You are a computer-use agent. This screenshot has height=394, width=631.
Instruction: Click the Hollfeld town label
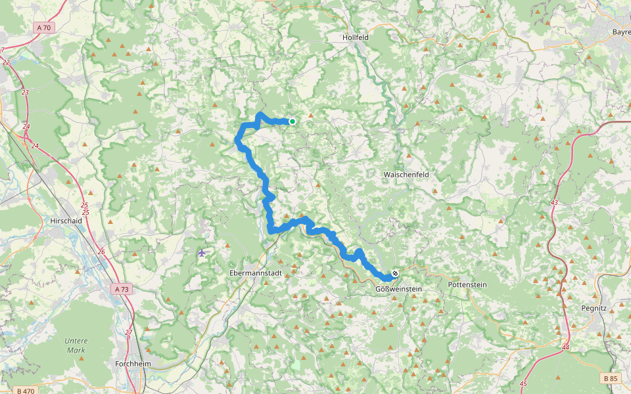pos(356,37)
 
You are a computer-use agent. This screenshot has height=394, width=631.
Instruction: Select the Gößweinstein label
pos(398,289)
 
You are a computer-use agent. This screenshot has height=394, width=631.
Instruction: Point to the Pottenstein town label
pos(467,285)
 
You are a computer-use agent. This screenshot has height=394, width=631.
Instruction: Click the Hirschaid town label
pos(66,221)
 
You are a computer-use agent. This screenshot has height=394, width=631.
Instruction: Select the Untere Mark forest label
pos(76,345)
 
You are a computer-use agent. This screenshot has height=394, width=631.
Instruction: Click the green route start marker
pos(292,121)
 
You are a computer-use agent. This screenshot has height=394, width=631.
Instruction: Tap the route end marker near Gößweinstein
pos(395,273)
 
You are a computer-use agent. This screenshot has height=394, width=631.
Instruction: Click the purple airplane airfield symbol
pos(201,253)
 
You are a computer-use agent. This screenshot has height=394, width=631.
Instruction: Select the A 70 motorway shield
pos(43,28)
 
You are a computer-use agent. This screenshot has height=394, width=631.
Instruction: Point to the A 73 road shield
pos(121,289)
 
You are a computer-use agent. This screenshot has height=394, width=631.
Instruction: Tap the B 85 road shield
pos(610,378)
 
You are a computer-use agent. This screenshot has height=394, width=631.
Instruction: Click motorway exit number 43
pos(554,202)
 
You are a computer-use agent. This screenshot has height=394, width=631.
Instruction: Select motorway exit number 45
pos(523,383)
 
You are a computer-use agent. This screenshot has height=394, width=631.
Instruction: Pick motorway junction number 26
pos(101,252)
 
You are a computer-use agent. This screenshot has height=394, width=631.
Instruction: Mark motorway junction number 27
pos(129,332)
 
